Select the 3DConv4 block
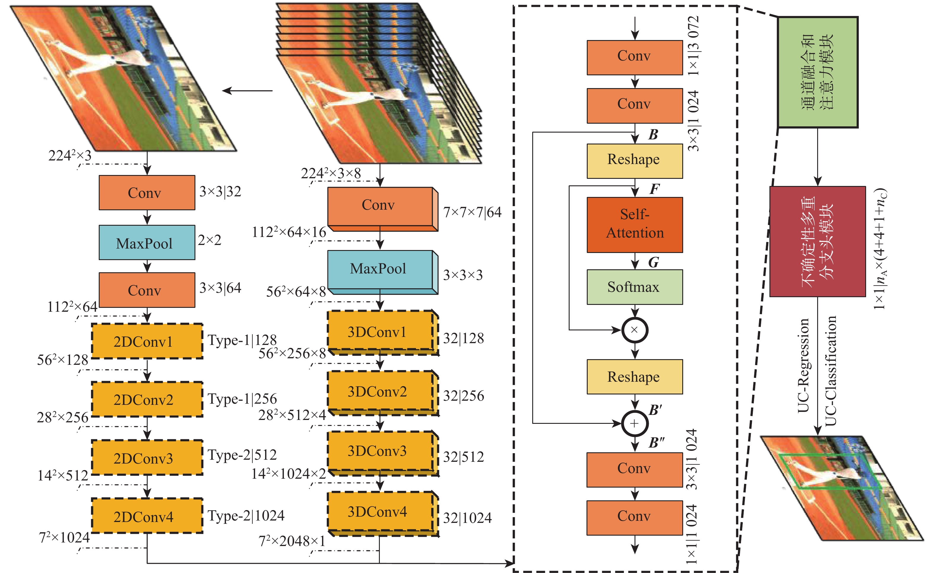coord(380,512)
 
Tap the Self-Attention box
coord(635,225)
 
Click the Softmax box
coord(635,287)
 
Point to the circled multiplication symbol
coord(635,330)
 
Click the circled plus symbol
coord(635,423)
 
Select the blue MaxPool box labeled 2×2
coord(147,243)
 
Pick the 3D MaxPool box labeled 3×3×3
coord(380,269)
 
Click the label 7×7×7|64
coord(472,212)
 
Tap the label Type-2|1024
coord(246,516)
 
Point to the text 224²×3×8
coord(331,174)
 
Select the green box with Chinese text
coord(818,72)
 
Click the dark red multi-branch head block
coord(818,241)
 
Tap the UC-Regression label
coord(803,366)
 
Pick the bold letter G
coord(654,262)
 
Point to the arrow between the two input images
coord(247,91)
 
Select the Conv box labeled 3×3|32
coord(147,193)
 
